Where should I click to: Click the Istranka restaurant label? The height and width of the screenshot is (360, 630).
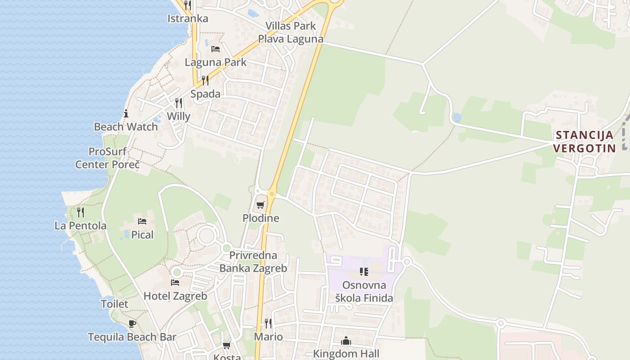point(188,18)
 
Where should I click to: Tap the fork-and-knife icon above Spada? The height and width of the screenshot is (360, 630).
point(205,81)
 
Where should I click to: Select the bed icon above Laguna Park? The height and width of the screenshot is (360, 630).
point(216,49)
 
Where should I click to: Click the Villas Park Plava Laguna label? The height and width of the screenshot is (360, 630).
point(291,32)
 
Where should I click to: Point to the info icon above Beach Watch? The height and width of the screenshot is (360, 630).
point(126,113)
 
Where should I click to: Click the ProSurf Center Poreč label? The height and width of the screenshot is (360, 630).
point(108,158)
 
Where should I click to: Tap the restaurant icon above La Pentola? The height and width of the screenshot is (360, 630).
point(81,212)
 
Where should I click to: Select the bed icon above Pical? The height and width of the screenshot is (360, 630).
point(142,221)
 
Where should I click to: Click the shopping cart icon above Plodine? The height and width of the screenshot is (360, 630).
point(260,205)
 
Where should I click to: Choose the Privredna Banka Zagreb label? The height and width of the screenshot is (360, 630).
point(252,262)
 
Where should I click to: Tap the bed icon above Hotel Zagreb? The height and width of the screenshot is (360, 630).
point(175,283)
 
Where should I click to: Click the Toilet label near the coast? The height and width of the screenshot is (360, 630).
point(114,304)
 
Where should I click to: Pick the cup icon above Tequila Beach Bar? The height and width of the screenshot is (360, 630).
point(132,324)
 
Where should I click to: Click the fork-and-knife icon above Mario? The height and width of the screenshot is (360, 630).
point(268,323)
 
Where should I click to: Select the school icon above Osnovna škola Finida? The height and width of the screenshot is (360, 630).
point(364,271)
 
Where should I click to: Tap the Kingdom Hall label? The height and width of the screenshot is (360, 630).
point(346,354)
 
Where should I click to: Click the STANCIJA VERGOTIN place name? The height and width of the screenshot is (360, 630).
point(584,141)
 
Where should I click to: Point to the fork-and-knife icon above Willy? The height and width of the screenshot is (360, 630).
point(179,103)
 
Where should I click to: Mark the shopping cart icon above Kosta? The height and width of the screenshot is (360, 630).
point(226,346)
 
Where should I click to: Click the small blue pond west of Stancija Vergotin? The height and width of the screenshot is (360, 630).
point(457,117)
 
